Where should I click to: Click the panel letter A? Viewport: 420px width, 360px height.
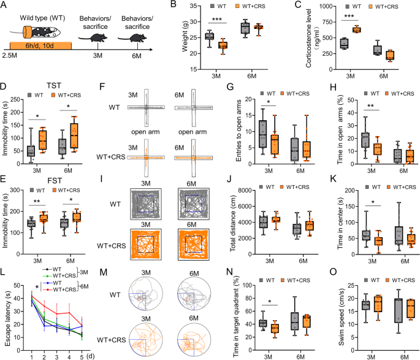point(5,6)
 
